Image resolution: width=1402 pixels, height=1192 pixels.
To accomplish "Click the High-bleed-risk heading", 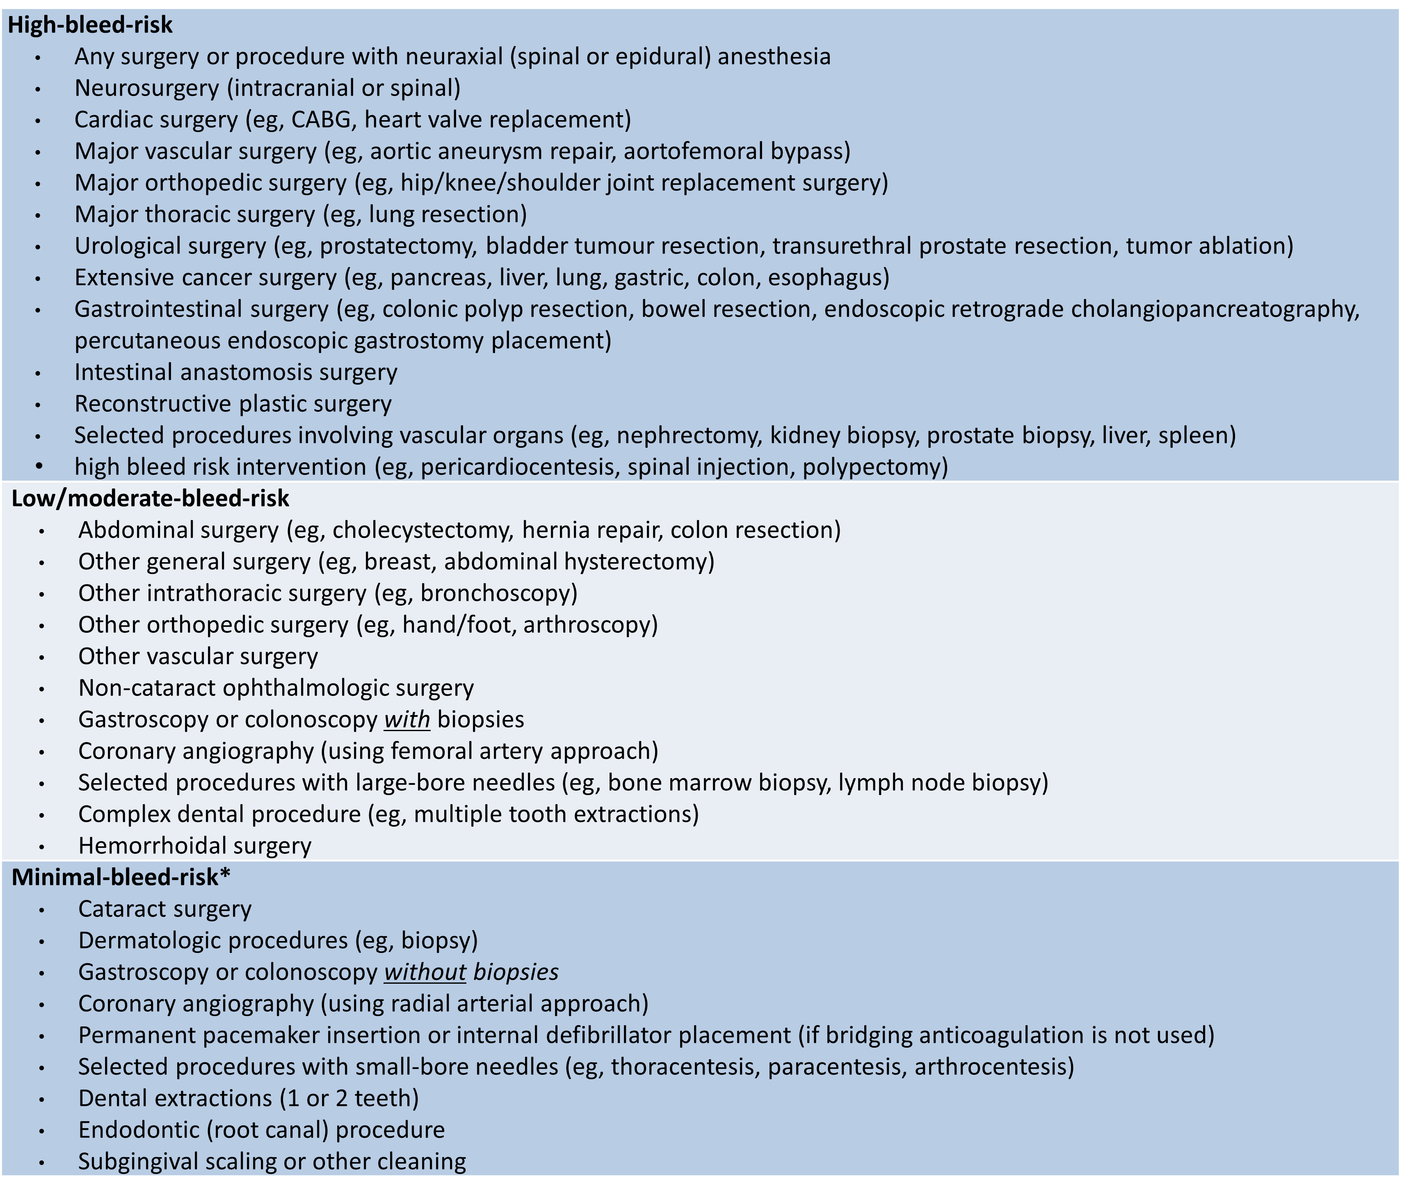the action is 90,25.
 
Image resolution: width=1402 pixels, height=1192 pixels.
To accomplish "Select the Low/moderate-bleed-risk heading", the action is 150,498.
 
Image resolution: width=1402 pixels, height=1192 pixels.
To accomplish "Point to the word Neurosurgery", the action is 147,88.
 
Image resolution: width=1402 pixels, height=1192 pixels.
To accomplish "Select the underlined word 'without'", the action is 425,972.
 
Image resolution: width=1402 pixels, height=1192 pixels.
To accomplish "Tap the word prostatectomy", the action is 399,246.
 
